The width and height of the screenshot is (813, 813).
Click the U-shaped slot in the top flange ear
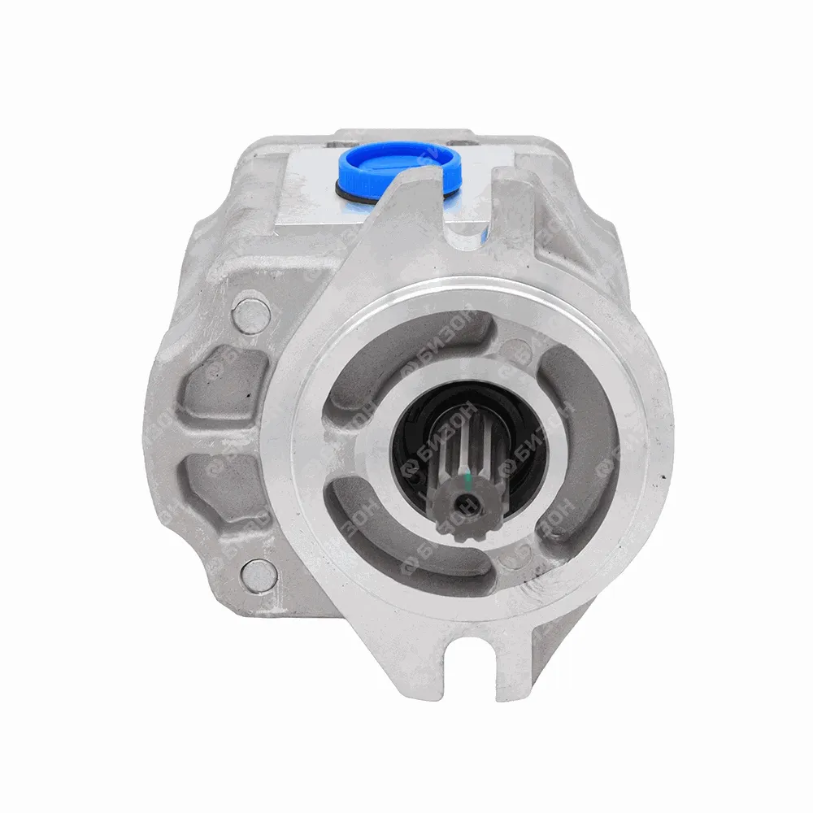click(470, 204)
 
